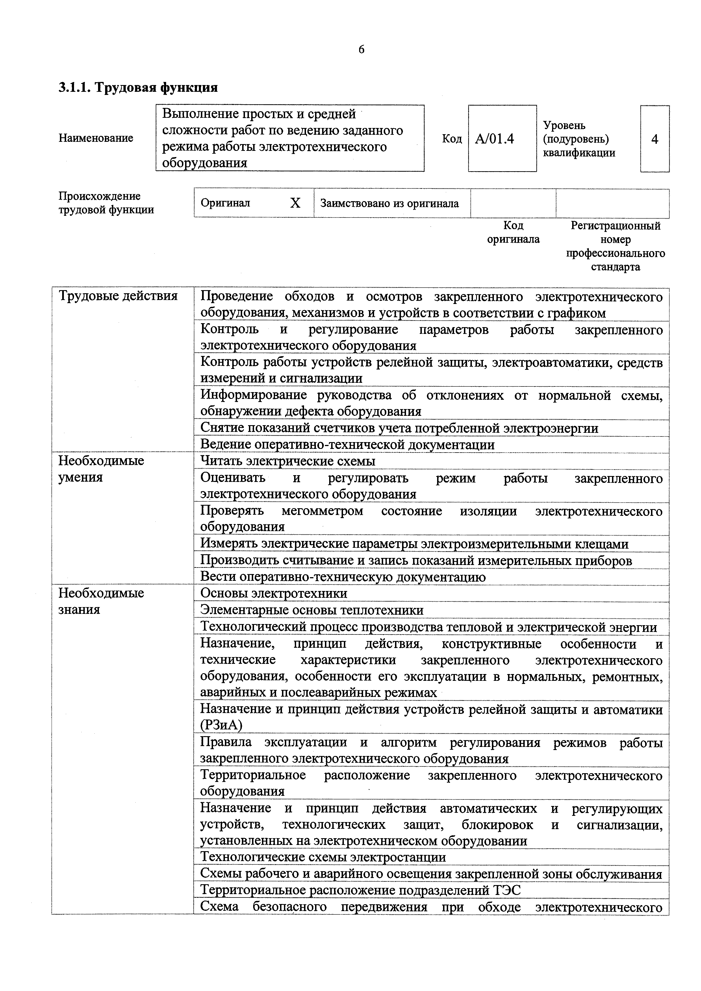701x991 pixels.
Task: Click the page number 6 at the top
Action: (x=361, y=50)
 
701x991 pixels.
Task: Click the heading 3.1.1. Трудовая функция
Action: (x=138, y=88)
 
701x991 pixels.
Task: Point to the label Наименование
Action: (x=96, y=138)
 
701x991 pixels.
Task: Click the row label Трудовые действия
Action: (x=118, y=296)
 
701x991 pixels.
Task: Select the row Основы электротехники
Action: (x=274, y=594)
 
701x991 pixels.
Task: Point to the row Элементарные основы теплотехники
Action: (x=312, y=610)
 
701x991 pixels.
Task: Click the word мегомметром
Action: (x=322, y=511)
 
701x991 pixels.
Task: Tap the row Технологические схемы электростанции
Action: (x=323, y=857)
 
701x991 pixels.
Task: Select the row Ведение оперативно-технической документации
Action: (x=348, y=445)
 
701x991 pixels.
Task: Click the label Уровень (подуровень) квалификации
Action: (x=579, y=139)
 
